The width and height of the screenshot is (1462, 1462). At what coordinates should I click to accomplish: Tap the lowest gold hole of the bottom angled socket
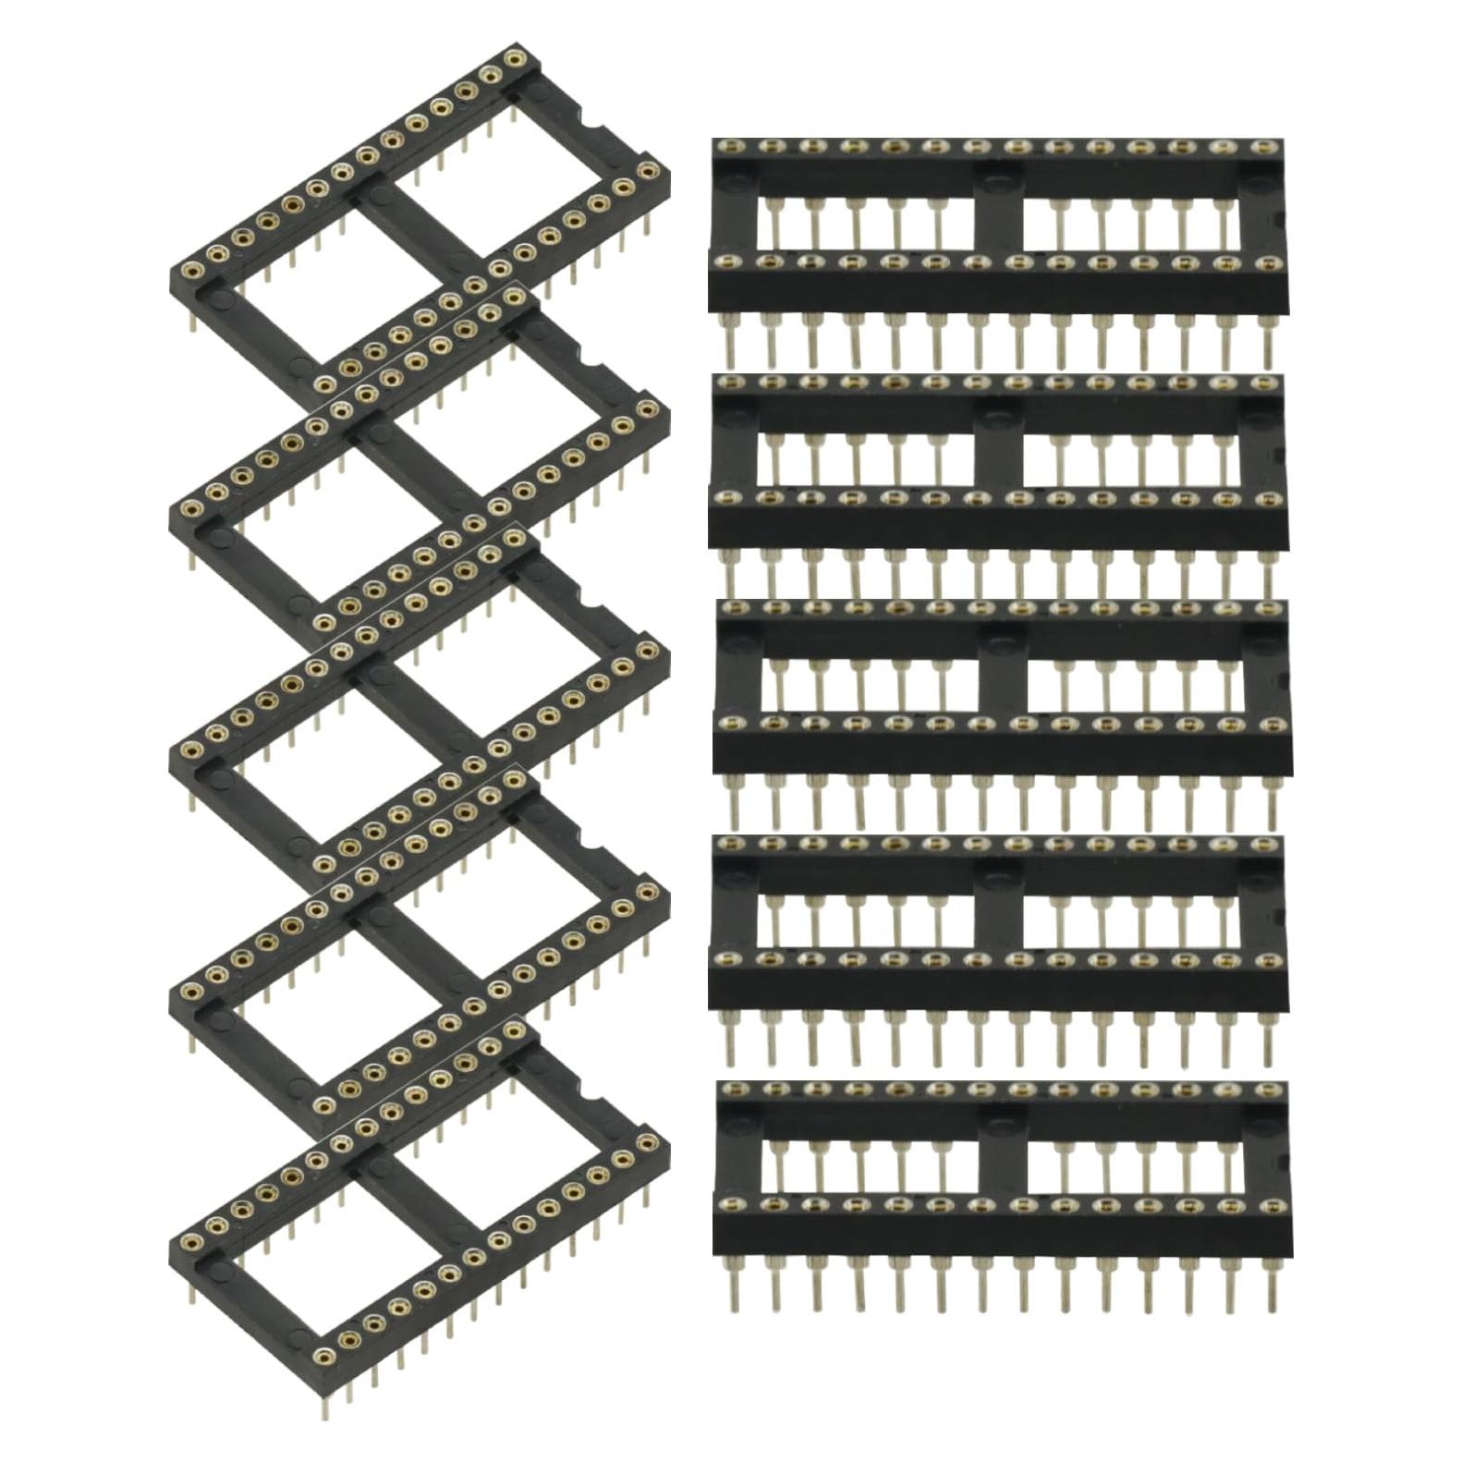tap(324, 1356)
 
